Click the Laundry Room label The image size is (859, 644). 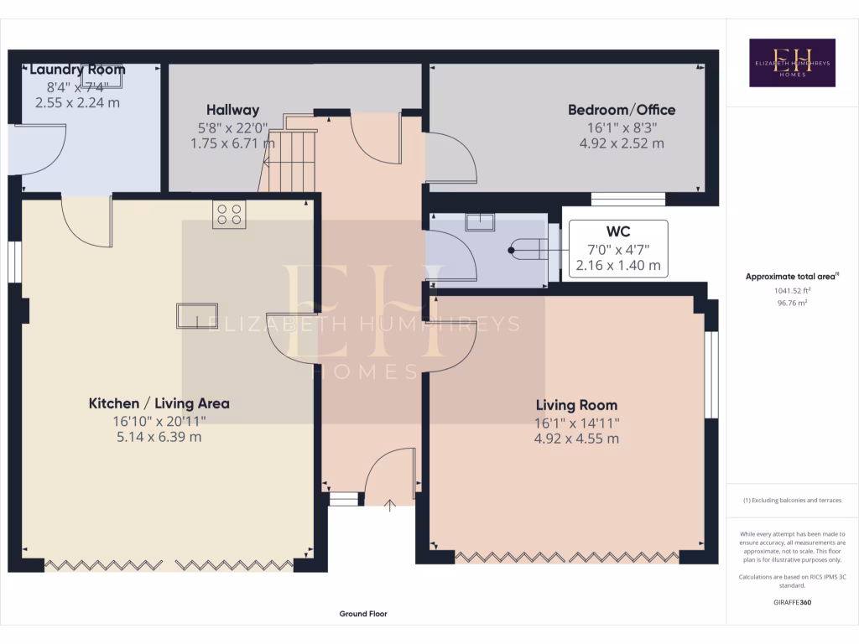(77, 70)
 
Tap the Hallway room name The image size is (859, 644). (233, 110)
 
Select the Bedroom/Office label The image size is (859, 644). (621, 110)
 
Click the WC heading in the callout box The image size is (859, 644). (618, 231)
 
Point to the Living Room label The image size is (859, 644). (576, 405)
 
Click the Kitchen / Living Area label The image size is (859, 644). (159, 403)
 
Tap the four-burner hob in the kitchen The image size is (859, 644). (229, 216)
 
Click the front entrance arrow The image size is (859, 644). (390, 505)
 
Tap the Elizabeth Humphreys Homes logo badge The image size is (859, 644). (792, 63)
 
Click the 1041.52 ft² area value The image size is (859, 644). (792, 291)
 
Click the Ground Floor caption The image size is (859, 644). (363, 614)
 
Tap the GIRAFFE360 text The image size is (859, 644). (793, 602)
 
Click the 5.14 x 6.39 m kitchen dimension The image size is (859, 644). (159, 437)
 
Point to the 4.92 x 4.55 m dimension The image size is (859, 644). (576, 439)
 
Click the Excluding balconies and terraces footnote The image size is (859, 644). (792, 501)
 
